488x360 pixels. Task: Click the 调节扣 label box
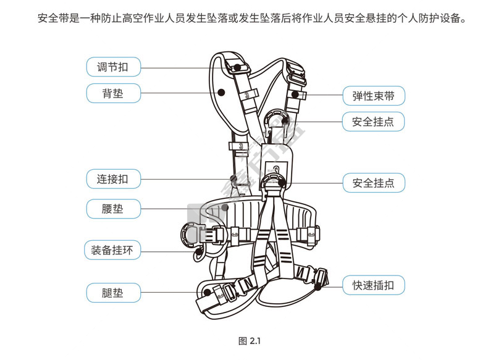click(112, 66)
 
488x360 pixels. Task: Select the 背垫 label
click(112, 93)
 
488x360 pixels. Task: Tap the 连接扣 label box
click(112, 180)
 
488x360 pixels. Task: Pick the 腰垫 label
click(112, 209)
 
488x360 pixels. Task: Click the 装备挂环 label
click(112, 250)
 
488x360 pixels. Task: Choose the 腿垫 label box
click(112, 292)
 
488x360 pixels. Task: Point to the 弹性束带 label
click(374, 96)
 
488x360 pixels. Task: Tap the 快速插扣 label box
click(374, 285)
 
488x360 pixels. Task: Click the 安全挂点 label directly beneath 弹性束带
click(374, 122)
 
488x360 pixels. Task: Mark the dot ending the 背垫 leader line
click(221, 93)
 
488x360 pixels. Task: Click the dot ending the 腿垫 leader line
click(208, 292)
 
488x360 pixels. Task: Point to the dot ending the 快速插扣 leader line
click(318, 285)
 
